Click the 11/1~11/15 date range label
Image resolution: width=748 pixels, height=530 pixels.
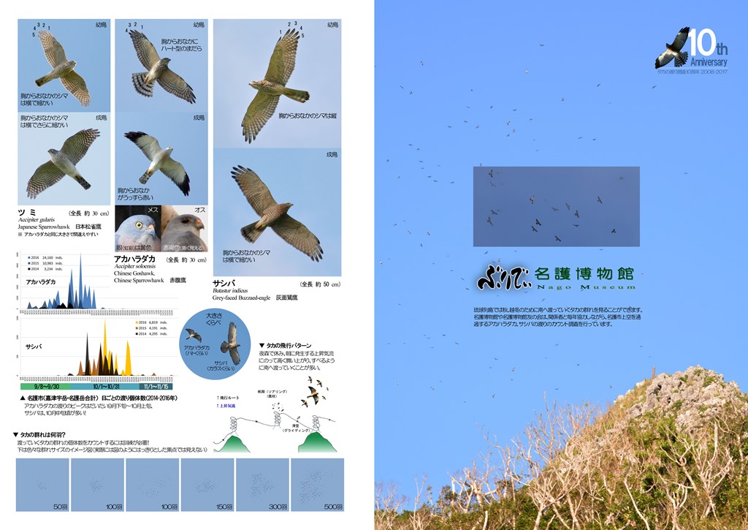coord(156,386)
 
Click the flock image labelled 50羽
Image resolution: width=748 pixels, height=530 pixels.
coord(42,485)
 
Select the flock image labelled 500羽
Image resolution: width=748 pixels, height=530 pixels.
coord(317,485)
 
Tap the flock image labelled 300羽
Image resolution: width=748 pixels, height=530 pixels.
coord(262,485)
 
